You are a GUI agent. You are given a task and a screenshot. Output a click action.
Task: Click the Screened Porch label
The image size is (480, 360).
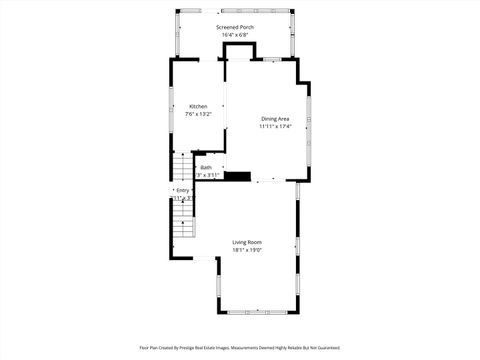coord(235,27)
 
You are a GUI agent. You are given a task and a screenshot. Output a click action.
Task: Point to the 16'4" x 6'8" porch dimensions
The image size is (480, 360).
coord(235,36)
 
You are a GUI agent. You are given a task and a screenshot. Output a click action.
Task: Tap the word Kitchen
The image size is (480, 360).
coord(199,106)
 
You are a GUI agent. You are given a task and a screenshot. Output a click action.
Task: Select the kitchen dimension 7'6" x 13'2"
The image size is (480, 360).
coord(199,115)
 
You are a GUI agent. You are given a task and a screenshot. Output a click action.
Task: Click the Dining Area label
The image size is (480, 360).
coord(275,119)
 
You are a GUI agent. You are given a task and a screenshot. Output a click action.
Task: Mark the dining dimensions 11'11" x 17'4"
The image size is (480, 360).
coord(275,127)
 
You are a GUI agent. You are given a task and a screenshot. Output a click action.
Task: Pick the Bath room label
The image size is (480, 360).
coord(206,167)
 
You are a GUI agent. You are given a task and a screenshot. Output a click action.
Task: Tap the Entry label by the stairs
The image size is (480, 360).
coord(183,190)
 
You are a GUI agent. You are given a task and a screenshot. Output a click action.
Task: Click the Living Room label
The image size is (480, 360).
coord(247,242)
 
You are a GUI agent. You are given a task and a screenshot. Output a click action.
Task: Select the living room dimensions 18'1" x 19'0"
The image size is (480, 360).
coord(247,251)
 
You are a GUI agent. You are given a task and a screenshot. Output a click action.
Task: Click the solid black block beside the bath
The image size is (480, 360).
coord(237,177)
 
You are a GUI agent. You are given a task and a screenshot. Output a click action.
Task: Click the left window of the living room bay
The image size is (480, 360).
coord(219,285)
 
